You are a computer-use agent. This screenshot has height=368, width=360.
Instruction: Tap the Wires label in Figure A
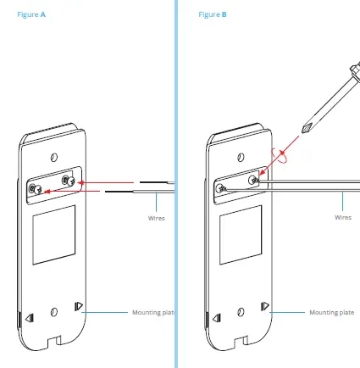click(156, 218)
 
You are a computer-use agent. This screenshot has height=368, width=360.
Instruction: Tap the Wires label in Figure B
click(342, 218)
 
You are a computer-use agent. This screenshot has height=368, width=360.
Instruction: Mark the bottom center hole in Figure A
click(54, 313)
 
